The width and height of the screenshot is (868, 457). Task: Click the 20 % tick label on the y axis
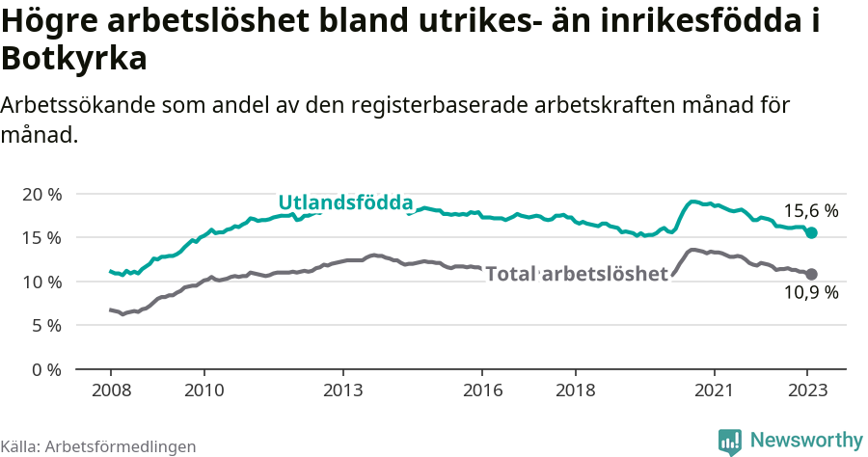pyautogui.click(x=41, y=194)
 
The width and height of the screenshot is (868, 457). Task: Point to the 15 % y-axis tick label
pyautogui.click(x=41, y=237)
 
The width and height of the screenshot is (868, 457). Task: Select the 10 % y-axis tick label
pyautogui.click(x=41, y=282)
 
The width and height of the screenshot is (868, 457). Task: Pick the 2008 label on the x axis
pyautogui.click(x=110, y=391)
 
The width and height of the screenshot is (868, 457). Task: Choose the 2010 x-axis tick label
pyautogui.click(x=203, y=391)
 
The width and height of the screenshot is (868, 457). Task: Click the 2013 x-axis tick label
pyautogui.click(x=342, y=391)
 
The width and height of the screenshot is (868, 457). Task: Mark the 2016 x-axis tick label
pyautogui.click(x=482, y=391)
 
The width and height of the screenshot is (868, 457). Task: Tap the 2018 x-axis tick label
pyautogui.click(x=575, y=391)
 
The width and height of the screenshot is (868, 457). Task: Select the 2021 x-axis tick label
pyautogui.click(x=715, y=391)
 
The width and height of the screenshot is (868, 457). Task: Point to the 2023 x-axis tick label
pyautogui.click(x=807, y=391)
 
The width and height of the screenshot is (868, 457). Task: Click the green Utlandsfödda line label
pyautogui.click(x=345, y=202)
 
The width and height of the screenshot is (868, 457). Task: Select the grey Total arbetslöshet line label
pyautogui.click(x=577, y=274)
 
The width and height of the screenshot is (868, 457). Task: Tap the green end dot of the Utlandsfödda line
pyautogui.click(x=812, y=233)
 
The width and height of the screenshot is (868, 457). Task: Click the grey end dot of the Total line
pyautogui.click(x=812, y=274)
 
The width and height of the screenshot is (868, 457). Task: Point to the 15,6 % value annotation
pyautogui.click(x=810, y=210)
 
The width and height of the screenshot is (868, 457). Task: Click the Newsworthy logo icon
pyautogui.click(x=730, y=441)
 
